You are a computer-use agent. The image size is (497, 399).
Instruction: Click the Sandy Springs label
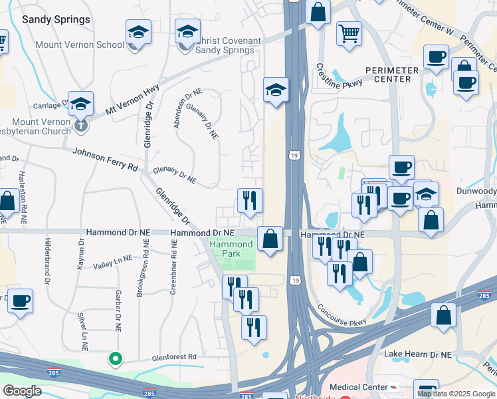(56, 19)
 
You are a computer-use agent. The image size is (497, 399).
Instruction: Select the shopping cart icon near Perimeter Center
(349, 32)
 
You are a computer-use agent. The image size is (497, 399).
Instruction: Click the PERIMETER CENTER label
(392, 74)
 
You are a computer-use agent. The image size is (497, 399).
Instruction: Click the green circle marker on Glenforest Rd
(116, 359)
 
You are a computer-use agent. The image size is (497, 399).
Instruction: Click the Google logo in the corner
(22, 390)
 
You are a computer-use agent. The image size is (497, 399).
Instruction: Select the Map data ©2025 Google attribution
(456, 394)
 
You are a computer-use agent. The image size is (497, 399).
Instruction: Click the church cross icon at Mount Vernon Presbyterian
(80, 124)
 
